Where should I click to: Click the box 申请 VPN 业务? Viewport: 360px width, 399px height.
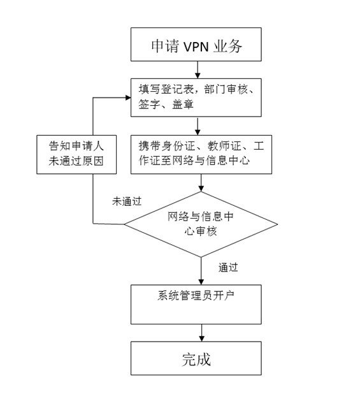click(196, 44)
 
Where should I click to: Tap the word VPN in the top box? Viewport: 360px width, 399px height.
click(196, 47)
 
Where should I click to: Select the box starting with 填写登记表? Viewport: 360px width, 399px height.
click(196, 98)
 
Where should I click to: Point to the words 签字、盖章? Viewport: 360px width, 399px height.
click(166, 105)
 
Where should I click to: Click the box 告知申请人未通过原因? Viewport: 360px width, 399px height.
click(76, 154)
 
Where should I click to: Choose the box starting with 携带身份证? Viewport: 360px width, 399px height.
click(201, 154)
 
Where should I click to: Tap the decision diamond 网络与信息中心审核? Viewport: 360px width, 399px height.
click(201, 224)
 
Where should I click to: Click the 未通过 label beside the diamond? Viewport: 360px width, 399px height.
click(127, 201)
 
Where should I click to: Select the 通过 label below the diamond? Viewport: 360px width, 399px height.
click(228, 268)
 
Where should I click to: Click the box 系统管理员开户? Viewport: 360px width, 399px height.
click(196, 304)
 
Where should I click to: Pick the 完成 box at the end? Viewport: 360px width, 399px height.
click(196, 358)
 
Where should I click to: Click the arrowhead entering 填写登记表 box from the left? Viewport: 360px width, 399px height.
click(128, 98)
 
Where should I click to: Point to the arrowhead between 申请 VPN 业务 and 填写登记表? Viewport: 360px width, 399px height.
click(198, 76)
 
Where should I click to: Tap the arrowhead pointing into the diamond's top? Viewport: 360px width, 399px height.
click(201, 189)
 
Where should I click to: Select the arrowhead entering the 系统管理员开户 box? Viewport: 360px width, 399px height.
click(201, 282)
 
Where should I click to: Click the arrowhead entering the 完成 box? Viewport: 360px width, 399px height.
click(201, 338)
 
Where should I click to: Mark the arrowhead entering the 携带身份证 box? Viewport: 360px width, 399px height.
click(198, 133)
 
